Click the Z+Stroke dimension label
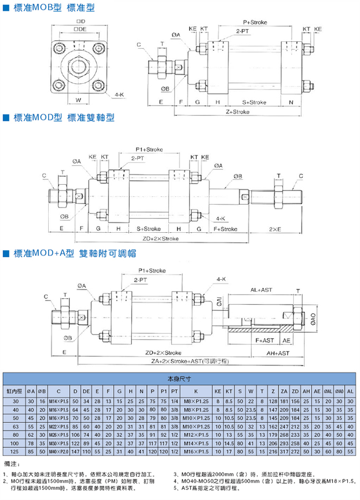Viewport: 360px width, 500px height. click(x=237, y=112)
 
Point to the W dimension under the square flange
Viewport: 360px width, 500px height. click(x=78, y=99)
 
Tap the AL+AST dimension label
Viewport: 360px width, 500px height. click(x=261, y=290)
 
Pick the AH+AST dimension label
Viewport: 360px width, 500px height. click(x=277, y=352)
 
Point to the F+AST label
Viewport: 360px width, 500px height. click(x=265, y=340)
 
